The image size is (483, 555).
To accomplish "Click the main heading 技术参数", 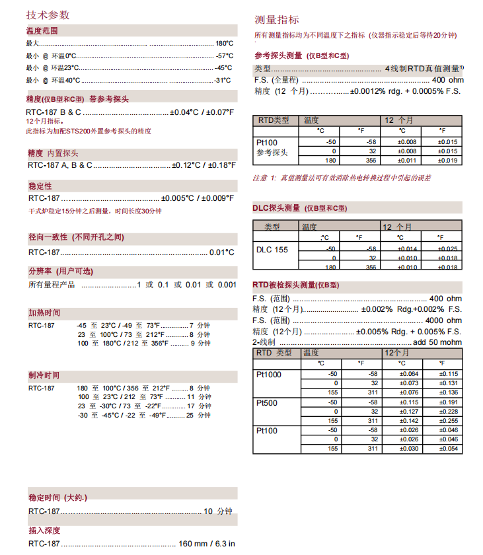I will point(48,15).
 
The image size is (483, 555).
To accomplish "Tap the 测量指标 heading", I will point(277,20).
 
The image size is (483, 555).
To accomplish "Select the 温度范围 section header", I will point(42,31).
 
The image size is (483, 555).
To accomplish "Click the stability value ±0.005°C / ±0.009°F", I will point(198,198).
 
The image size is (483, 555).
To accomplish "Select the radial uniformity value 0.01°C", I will point(221,252).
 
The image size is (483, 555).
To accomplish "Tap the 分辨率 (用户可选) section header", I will point(61,272).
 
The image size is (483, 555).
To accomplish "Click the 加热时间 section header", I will point(44,313).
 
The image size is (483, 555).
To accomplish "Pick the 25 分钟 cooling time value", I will point(199,416).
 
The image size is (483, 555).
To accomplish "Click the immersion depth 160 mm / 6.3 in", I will point(207,544).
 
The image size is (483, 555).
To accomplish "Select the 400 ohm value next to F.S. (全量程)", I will point(447,80).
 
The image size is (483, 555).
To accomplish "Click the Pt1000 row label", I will point(268,375).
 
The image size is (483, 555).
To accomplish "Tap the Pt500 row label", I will point(266,402).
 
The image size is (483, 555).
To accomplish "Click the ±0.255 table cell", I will point(449,421).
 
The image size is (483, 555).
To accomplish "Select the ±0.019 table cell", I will point(449,161).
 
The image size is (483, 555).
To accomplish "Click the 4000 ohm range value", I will point(445,320).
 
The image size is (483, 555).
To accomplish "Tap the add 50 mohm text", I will point(437,342).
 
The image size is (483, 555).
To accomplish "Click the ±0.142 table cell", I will point(409,421).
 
